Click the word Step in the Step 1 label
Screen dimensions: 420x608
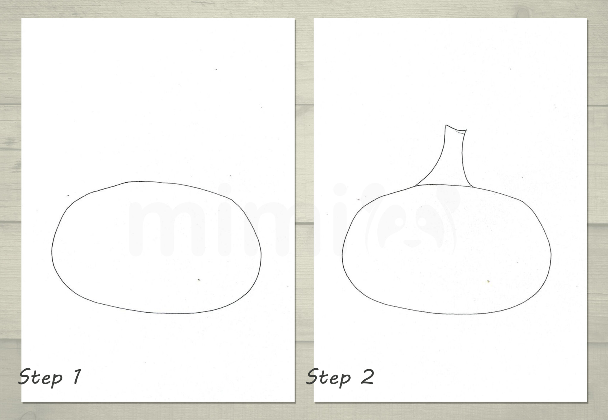(40, 378)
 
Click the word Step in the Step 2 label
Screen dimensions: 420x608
(328, 378)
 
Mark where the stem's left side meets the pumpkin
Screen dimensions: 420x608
(415, 186)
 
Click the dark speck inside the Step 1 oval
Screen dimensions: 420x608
(199, 280)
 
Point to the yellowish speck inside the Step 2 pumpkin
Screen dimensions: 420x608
(488, 281)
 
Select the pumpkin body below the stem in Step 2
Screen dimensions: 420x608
(445, 252)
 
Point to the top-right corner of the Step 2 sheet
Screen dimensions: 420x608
(587, 18)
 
